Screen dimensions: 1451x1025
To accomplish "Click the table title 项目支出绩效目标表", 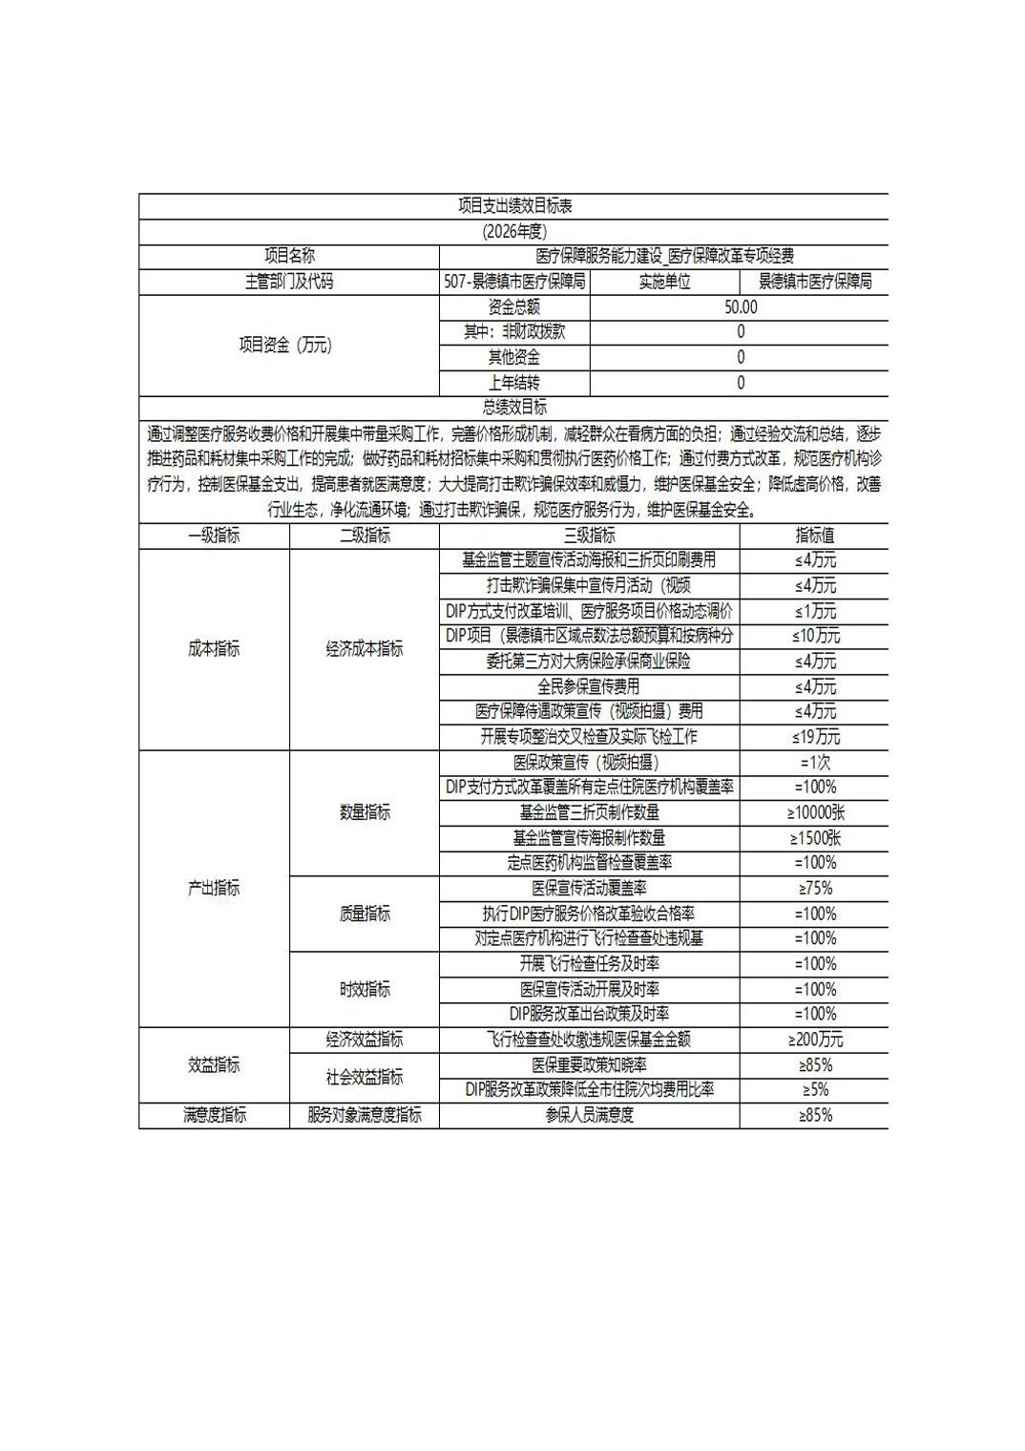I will (x=514, y=206).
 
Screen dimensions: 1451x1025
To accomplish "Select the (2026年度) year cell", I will (x=514, y=231).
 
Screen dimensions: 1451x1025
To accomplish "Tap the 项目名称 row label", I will (x=289, y=256).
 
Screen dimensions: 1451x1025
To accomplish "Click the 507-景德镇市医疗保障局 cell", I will (x=514, y=282).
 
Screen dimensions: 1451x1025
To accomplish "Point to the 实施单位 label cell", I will (x=664, y=282).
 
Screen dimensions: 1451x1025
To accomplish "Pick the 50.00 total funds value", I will (x=741, y=307).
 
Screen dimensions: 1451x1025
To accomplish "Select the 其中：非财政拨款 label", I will (x=514, y=332).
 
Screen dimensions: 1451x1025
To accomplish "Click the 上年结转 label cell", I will (x=514, y=383).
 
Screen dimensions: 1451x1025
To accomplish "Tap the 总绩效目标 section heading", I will (x=514, y=408).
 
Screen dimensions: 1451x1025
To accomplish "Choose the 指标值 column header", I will (x=814, y=536).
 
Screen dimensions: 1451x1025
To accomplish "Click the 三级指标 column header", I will (x=590, y=536).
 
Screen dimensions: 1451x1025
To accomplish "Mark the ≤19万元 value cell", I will (x=815, y=737).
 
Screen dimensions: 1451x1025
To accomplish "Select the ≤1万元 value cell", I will (x=815, y=611).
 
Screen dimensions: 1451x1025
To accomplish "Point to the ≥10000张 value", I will (x=815, y=812).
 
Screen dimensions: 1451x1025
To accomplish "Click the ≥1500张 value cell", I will (x=815, y=838).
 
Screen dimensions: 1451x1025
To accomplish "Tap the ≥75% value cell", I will (x=815, y=889).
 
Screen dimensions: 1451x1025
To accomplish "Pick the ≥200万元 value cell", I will (x=815, y=1040).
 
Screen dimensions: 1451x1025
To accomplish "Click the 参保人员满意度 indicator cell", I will (x=590, y=1115).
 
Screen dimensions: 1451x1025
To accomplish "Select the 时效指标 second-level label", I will (x=365, y=989).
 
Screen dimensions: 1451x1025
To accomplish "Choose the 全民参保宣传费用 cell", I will (x=590, y=686).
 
